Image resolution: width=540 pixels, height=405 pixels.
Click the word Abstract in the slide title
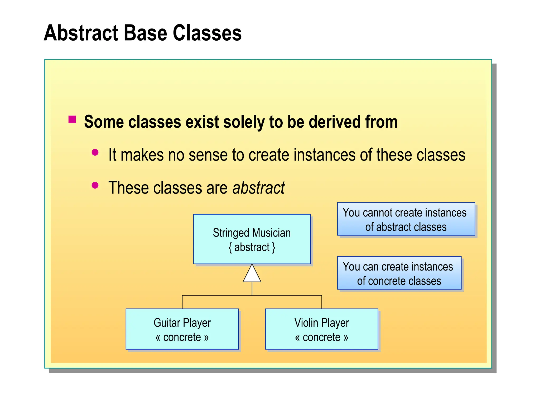(x=81, y=33)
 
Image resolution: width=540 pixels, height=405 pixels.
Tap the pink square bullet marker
(x=72, y=119)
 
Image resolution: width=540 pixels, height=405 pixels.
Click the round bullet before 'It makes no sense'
(x=95, y=152)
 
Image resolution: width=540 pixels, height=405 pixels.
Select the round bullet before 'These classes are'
(x=95, y=185)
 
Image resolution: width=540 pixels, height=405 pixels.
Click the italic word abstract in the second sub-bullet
(x=258, y=188)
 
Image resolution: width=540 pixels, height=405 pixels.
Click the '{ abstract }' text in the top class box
(x=252, y=247)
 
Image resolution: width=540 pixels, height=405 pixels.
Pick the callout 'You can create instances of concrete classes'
(x=399, y=273)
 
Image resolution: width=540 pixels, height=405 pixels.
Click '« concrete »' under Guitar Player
(x=182, y=337)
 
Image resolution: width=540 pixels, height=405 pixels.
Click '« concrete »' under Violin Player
(x=321, y=337)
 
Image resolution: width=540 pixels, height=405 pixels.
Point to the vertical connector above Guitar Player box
(x=182, y=302)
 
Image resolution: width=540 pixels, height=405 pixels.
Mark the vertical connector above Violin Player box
(x=322, y=302)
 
